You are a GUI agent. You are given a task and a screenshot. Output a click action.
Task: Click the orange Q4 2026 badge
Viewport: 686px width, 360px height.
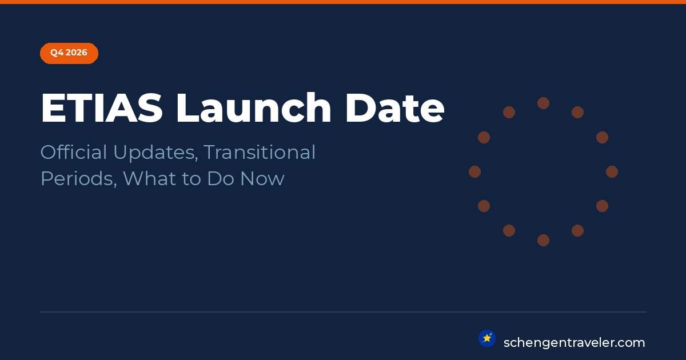pyautogui.click(x=69, y=53)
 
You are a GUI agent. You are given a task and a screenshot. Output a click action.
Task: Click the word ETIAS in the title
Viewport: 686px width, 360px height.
pyautogui.click(x=102, y=108)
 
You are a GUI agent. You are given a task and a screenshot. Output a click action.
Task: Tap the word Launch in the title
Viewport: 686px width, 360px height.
pyautogui.click(x=254, y=107)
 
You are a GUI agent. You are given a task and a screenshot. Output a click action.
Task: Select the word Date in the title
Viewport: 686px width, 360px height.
pyautogui.click(x=395, y=108)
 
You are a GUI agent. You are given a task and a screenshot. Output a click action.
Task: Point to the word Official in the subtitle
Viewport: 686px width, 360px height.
pyautogui.click(x=74, y=152)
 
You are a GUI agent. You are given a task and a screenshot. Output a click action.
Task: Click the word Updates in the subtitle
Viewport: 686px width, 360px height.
pyautogui.click(x=155, y=153)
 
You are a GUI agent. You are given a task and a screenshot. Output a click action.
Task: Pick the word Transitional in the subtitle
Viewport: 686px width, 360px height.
pyautogui.click(x=260, y=152)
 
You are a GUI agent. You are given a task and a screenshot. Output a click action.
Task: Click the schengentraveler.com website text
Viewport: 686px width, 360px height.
pyautogui.click(x=574, y=343)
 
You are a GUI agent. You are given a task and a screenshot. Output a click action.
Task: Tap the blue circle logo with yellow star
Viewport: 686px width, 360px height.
pyautogui.click(x=487, y=338)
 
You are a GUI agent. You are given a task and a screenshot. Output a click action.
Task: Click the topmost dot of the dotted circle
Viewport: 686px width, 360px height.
pyautogui.click(x=543, y=103)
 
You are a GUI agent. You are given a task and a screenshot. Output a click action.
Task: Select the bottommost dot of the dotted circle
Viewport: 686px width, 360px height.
pyautogui.click(x=543, y=241)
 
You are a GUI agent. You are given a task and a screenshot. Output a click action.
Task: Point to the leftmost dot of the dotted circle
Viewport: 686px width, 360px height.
pyautogui.click(x=474, y=172)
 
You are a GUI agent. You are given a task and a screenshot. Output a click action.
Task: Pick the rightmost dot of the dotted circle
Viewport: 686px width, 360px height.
pyautogui.click(x=612, y=172)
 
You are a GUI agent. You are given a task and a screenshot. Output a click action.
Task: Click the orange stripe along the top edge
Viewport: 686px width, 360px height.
pyautogui.click(x=343, y=2)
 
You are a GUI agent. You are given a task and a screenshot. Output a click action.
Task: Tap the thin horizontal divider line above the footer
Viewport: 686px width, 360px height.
pyautogui.click(x=343, y=312)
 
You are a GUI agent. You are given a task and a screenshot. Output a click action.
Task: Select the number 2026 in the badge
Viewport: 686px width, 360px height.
pyautogui.click(x=77, y=53)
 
